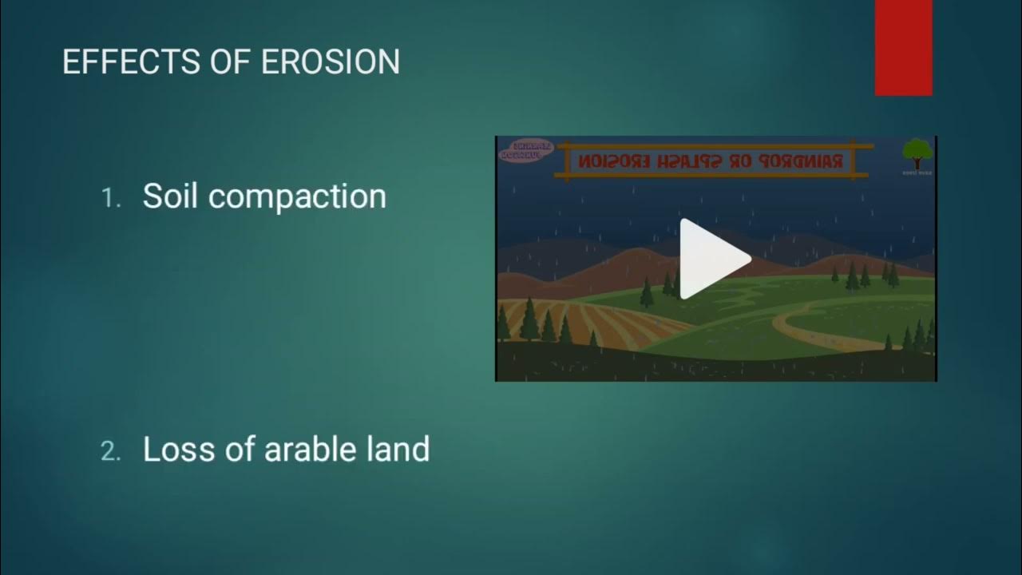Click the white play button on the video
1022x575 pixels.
[713, 259]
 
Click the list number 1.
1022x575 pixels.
[110, 198]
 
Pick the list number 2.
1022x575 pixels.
[110, 451]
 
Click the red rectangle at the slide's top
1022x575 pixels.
[903, 48]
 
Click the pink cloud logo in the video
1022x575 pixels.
[525, 151]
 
